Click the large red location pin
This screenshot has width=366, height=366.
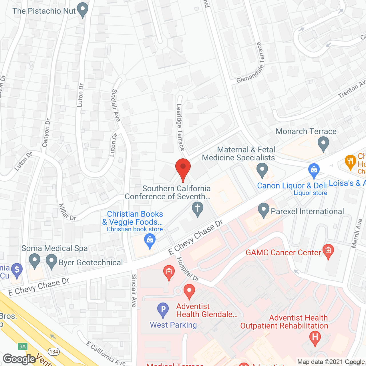click(x=183, y=169)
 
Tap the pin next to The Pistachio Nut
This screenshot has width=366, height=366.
click(x=83, y=10)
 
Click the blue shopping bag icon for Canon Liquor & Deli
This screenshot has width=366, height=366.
click(x=314, y=170)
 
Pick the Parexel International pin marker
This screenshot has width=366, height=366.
click(x=264, y=210)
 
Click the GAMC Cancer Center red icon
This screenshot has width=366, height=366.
click(x=328, y=252)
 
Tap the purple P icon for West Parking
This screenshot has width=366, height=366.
click(x=163, y=310)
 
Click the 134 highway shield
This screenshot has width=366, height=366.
click(x=54, y=352)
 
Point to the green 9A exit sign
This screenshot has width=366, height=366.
click(x=22, y=347)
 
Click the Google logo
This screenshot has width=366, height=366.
click(x=19, y=359)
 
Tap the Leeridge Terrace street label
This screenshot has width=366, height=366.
click(x=180, y=127)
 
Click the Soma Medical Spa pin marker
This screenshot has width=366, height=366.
click(x=35, y=262)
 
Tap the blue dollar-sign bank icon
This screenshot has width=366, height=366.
click(x=17, y=270)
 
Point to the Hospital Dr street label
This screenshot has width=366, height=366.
click(x=188, y=269)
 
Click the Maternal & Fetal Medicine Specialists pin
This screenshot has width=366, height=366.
click(x=262, y=170)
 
